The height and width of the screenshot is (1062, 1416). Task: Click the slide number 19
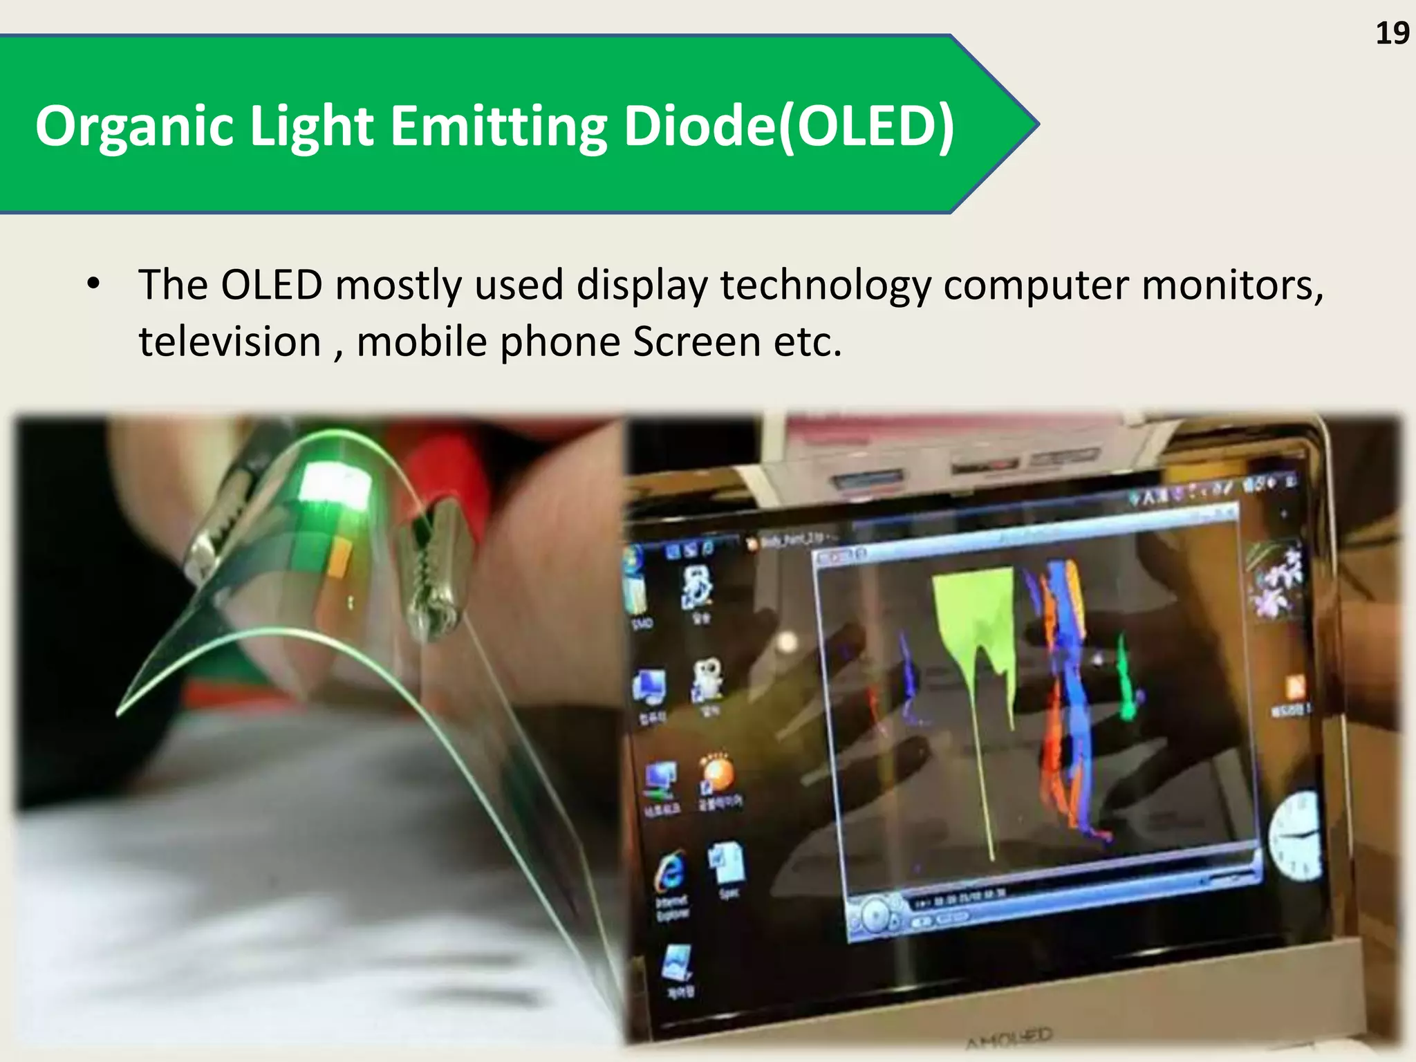pyautogui.click(x=1392, y=34)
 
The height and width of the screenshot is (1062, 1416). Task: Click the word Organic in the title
pyautogui.click(x=135, y=127)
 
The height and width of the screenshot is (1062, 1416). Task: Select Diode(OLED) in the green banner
pyautogui.click(x=788, y=127)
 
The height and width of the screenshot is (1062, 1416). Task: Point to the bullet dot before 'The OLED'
pyautogui.click(x=93, y=283)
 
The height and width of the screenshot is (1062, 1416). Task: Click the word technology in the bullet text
pyautogui.click(x=826, y=285)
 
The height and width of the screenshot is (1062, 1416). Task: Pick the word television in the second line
pyautogui.click(x=230, y=342)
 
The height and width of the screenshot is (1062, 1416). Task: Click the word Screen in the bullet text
pyautogui.click(x=696, y=342)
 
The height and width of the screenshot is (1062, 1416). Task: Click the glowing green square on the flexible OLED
pyautogui.click(x=335, y=484)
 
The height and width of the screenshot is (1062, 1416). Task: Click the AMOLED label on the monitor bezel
pyautogui.click(x=1009, y=1037)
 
